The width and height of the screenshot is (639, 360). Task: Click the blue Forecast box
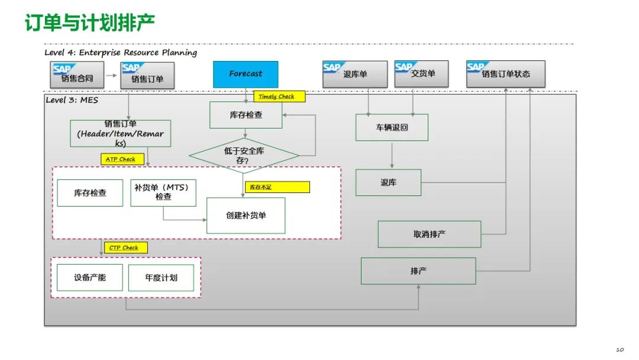[x=246, y=73]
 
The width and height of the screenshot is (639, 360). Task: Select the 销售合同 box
[x=76, y=75]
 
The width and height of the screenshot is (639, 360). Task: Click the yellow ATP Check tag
[x=120, y=159]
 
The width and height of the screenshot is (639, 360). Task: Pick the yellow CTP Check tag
[x=124, y=247]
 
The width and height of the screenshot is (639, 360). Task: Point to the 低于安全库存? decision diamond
[x=244, y=155]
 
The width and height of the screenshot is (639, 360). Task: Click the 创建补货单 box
[x=246, y=216]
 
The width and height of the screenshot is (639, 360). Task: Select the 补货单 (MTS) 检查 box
[x=163, y=192]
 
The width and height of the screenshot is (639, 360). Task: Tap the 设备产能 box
[x=90, y=277]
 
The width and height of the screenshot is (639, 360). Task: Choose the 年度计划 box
[x=161, y=277]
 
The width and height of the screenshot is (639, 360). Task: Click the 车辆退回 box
[x=392, y=127]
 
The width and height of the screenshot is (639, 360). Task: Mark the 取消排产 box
[x=430, y=234]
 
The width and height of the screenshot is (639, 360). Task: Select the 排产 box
[x=418, y=271]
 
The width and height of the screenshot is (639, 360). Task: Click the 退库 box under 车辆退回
[x=388, y=182]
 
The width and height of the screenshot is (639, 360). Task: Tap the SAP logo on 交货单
[x=404, y=67]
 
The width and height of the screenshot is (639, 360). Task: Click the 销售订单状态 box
[x=505, y=74]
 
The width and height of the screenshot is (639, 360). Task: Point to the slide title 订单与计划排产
[x=89, y=23]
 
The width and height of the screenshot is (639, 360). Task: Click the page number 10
[x=619, y=349]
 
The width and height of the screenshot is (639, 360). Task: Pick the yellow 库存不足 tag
[x=277, y=187]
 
